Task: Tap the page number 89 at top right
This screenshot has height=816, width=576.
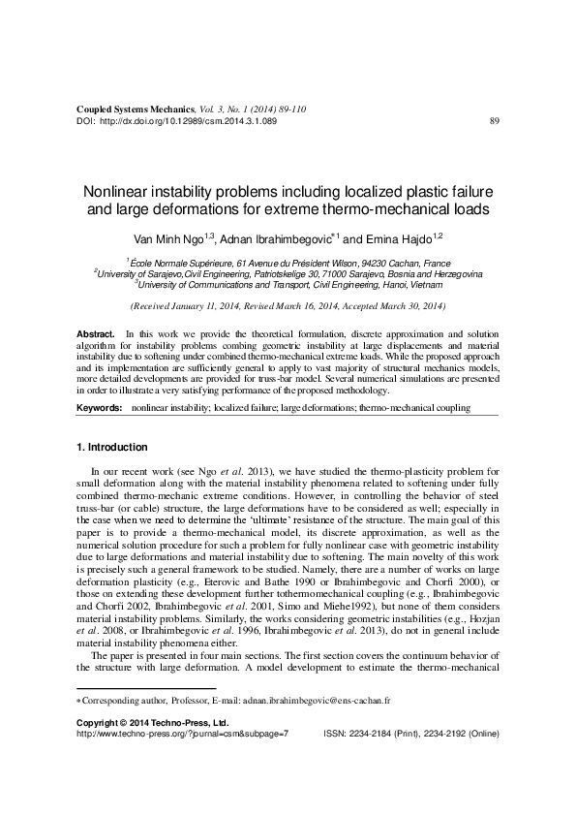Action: [x=495, y=122]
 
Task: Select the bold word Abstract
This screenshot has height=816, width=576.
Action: [x=95, y=333]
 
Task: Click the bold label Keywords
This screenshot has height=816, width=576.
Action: [x=100, y=408]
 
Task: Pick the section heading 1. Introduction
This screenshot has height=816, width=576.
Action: [x=111, y=448]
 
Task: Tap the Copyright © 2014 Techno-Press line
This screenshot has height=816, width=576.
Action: [x=152, y=723]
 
